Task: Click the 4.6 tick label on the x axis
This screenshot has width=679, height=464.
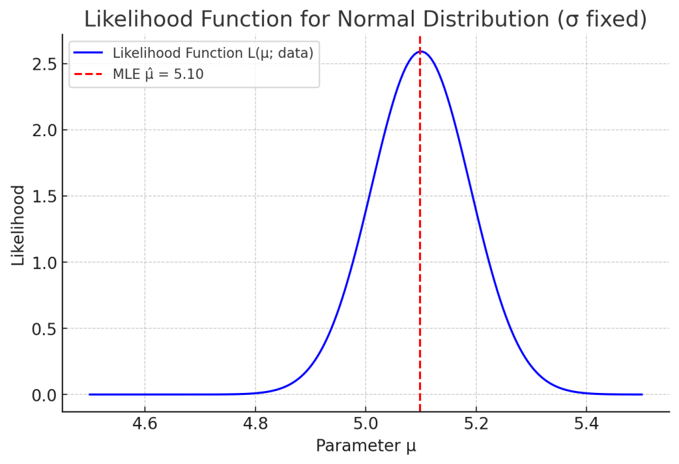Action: (x=145, y=424)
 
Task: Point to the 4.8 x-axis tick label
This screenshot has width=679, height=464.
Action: (x=255, y=424)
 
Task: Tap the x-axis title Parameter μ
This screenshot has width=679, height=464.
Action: (x=365, y=446)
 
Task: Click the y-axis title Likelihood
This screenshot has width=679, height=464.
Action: (x=18, y=226)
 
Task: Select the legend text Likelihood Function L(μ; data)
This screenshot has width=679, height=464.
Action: (x=213, y=52)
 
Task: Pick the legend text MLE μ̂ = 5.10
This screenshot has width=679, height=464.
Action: (x=158, y=74)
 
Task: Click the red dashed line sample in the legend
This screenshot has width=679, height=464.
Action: (x=90, y=74)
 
